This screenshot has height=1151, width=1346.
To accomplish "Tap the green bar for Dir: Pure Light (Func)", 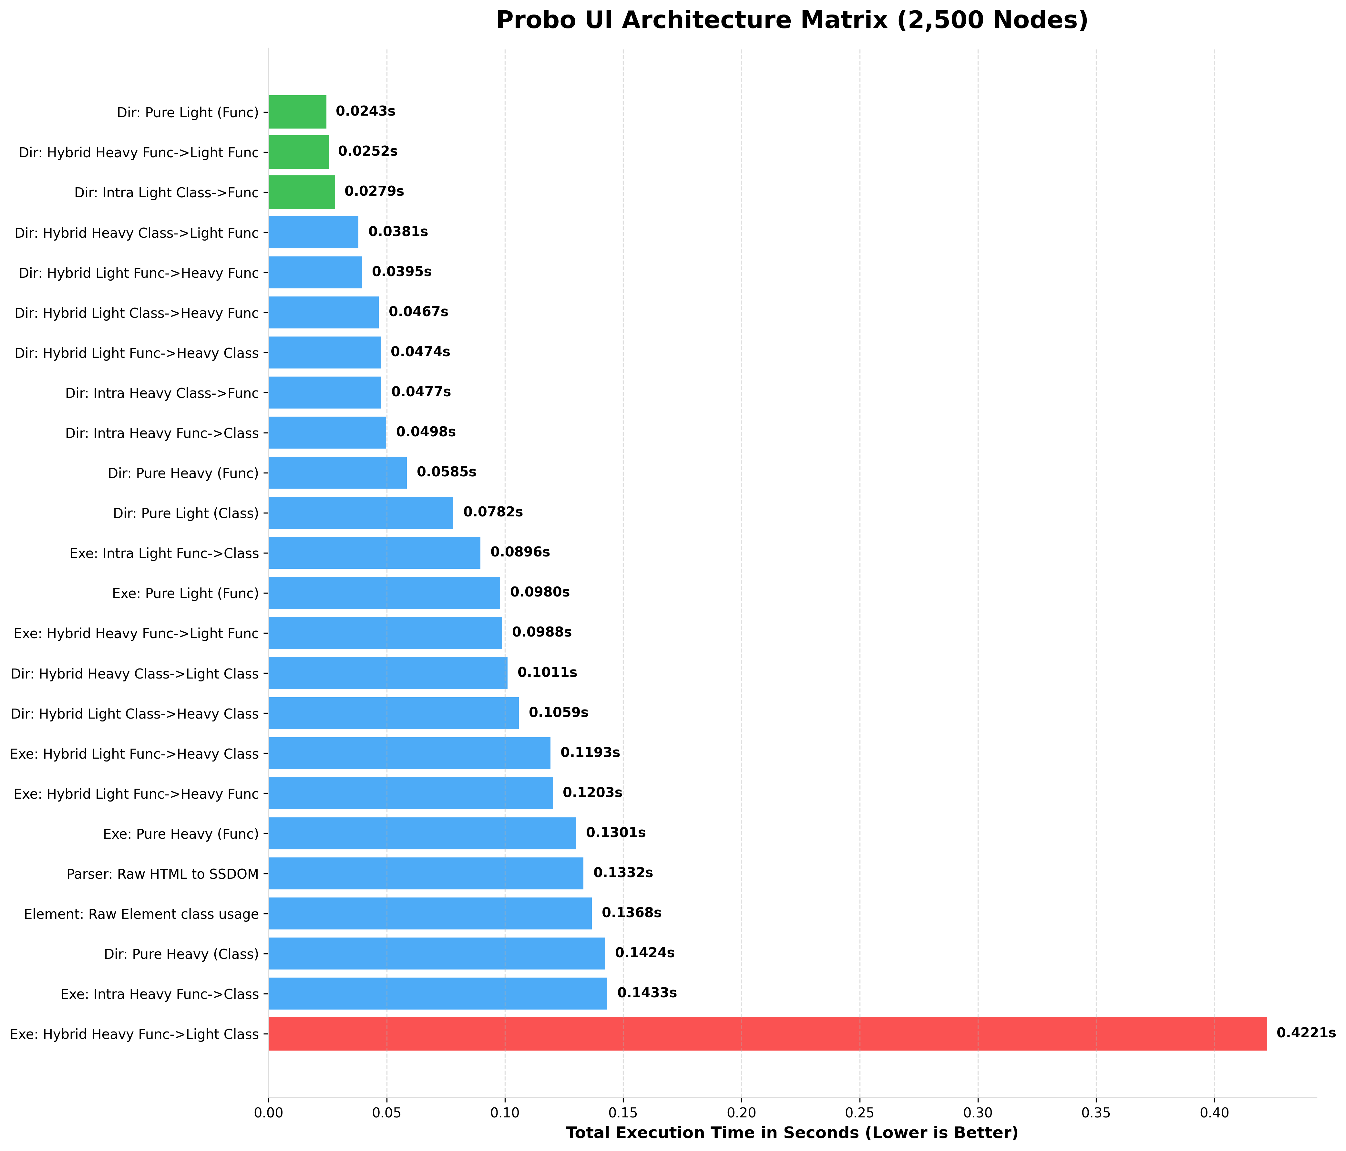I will coord(297,112).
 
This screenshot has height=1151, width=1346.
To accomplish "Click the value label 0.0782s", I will coord(492,512).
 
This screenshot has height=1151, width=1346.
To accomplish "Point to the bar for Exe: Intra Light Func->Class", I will coord(374,553).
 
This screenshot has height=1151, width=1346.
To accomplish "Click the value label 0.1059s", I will coord(558,713).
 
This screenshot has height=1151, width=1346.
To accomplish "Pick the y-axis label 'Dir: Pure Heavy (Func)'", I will coord(183,473).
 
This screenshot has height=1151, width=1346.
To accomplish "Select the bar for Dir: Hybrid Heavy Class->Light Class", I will coord(388,673).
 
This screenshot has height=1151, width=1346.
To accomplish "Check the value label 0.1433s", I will coord(646,993).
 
